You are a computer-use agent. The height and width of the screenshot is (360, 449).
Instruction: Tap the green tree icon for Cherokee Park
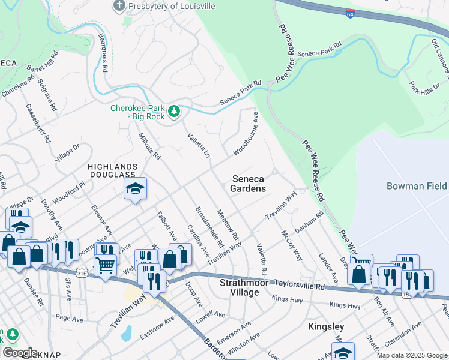pos(174,110)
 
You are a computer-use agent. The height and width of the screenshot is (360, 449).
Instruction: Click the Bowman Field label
pos(417,186)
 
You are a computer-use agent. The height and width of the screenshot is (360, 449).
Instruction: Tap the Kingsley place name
pos(325,326)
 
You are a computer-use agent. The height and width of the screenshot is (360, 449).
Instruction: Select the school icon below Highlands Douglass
pos(135,188)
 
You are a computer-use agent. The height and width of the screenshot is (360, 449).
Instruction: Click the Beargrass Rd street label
pos(103,53)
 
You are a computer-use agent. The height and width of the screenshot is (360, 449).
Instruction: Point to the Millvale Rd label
pos(150,146)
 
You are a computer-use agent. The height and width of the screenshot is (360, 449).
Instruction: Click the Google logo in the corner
pos(19,353)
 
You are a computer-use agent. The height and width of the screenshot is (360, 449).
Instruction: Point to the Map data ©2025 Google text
pos(411,355)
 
